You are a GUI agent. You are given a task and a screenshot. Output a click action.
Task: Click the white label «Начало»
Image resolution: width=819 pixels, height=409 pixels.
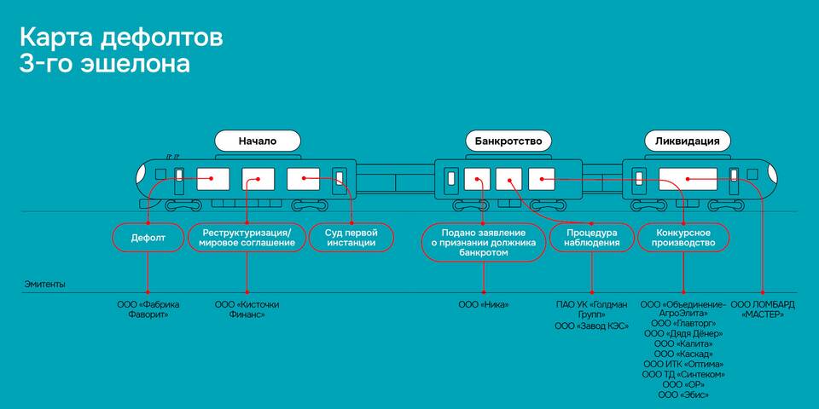[258, 141]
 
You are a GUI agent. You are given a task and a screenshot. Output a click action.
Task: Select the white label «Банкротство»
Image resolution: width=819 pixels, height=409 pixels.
[508, 141]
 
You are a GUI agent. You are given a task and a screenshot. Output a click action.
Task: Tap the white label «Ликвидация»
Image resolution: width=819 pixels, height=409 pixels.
[688, 141]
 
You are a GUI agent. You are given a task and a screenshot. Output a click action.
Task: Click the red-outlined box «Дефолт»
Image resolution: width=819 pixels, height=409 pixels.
[148, 237]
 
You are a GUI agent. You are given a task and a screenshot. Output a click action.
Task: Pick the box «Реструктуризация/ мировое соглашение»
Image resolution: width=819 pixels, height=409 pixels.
[247, 237]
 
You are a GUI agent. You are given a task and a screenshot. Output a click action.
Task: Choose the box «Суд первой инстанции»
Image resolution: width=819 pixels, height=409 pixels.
[351, 237]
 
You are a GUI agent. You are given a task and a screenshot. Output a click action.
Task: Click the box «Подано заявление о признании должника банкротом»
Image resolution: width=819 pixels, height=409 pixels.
[483, 242]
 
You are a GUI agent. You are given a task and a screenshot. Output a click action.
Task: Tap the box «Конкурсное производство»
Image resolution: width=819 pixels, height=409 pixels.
[685, 237]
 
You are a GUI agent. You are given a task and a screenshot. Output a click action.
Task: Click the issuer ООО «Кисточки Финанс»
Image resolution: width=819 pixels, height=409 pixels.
[247, 309]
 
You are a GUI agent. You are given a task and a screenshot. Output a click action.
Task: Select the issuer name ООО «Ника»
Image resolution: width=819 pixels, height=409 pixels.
[483, 304]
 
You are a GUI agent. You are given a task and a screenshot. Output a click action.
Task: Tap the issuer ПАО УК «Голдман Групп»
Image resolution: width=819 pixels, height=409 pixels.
[591, 309]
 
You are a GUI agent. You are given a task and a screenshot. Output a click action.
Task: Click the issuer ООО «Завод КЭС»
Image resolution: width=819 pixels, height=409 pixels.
[591, 326]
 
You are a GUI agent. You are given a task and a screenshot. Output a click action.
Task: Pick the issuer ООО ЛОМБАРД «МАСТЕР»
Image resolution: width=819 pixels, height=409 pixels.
[763, 309]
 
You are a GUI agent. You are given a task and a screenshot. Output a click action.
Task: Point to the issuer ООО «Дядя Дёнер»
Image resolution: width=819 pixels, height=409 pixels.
[683, 334]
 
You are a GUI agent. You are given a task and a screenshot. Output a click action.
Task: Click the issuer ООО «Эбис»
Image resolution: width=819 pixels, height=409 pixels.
[683, 395]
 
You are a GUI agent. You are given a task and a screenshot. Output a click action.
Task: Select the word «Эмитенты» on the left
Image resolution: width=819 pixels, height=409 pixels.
[44, 285]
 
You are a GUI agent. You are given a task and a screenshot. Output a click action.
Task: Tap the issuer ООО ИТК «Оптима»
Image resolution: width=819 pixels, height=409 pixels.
[683, 364]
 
